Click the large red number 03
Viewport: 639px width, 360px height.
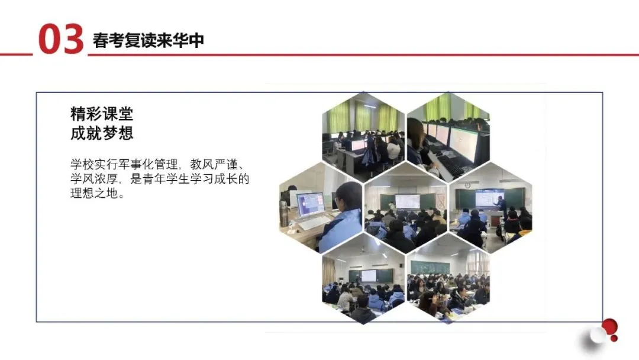coord(61,38)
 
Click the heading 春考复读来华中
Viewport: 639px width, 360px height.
coord(149,40)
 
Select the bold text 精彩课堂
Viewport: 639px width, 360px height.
coord(102,114)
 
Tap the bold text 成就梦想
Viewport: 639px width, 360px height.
coord(102,133)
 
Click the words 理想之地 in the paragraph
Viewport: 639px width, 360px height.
coord(94,193)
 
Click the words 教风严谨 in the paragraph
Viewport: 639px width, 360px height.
coord(214,164)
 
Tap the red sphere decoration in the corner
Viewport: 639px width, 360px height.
coord(609,327)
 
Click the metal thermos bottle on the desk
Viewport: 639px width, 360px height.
coord(284,214)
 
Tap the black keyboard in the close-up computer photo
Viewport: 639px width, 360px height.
coord(453,166)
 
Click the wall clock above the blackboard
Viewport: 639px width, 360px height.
coord(467,185)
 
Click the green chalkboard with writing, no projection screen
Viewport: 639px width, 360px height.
coord(430,268)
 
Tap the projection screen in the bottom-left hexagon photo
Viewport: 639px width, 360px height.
coord(369,275)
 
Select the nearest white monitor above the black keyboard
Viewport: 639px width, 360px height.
coord(463,143)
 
